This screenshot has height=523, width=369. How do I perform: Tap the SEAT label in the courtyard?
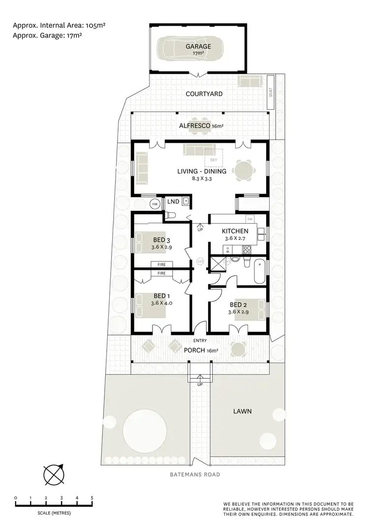[271, 92]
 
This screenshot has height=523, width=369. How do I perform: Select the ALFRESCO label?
[195, 126]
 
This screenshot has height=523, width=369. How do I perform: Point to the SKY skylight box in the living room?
[213, 158]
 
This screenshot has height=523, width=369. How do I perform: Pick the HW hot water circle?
[155, 203]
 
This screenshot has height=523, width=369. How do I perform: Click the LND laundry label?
[173, 201]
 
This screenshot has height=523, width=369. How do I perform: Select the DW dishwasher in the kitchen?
[250, 219]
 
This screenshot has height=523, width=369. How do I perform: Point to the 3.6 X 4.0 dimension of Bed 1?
[161, 303]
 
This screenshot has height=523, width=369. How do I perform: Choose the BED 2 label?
[238, 304]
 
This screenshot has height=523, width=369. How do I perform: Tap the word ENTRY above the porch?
[200, 340]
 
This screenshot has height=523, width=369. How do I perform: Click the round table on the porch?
[239, 349]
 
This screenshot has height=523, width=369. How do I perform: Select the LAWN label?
[243, 411]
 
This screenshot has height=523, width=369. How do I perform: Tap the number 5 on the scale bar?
[92, 498]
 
